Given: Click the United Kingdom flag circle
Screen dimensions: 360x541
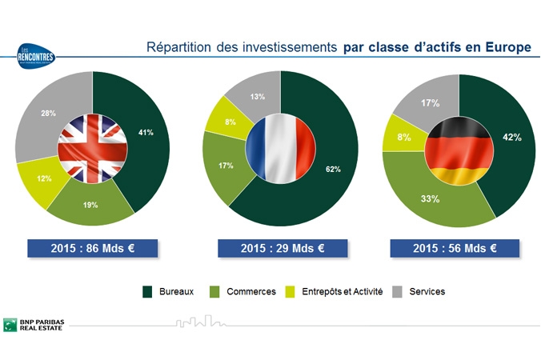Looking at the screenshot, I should click(x=92, y=148).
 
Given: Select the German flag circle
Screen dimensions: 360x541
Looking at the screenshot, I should click(x=458, y=150).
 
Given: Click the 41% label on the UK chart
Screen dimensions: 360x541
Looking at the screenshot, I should click(x=146, y=132).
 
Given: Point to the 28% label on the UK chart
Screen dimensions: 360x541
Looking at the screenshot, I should click(x=48, y=114).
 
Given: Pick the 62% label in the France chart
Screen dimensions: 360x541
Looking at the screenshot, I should click(x=333, y=169).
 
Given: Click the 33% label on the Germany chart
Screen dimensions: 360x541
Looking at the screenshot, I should click(x=430, y=198).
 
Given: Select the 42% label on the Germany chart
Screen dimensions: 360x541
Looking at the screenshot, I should click(x=511, y=138).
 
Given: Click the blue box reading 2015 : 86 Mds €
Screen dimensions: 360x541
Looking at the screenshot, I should click(x=91, y=248).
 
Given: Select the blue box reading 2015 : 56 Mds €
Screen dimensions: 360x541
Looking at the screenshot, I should click(x=455, y=248).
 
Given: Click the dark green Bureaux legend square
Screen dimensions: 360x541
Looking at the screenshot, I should click(x=149, y=292).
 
